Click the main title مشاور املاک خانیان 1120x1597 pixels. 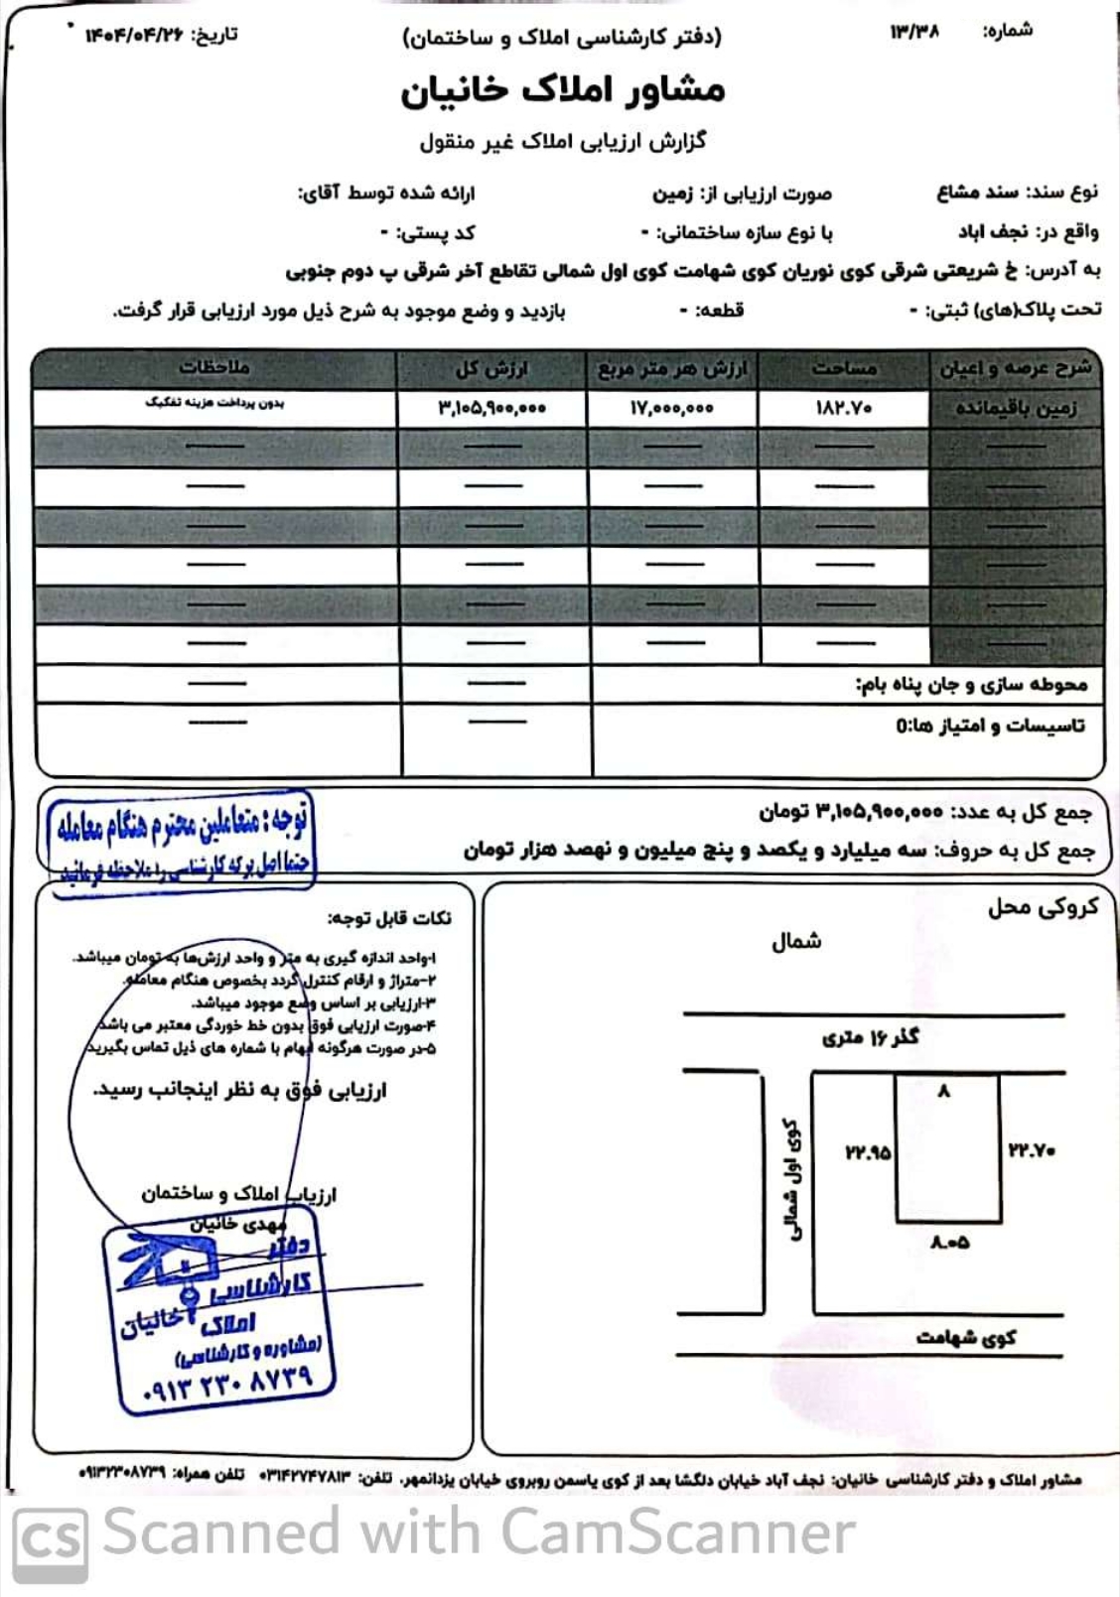[562, 89]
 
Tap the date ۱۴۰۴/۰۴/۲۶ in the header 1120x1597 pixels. [135, 36]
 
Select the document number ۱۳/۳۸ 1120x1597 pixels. [914, 32]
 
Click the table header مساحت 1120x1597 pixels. [844, 368]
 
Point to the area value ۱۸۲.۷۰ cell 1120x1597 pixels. [844, 408]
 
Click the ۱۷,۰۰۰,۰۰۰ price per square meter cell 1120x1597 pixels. [671, 408]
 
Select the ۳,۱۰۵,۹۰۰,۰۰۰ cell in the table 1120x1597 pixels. [491, 408]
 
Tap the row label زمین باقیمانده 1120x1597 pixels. [1016, 408]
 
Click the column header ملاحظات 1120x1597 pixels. [213, 367]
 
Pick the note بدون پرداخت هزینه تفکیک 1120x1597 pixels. [213, 403]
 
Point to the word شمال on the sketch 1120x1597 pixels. [796, 941]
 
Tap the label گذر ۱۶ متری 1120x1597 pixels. [870, 1038]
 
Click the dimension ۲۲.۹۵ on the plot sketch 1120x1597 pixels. [868, 1152]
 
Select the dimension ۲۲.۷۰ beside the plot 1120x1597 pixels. [1032, 1150]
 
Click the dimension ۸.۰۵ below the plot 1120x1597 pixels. [949, 1242]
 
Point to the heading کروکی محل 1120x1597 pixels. [1042, 907]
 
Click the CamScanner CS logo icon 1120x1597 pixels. [50, 1537]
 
